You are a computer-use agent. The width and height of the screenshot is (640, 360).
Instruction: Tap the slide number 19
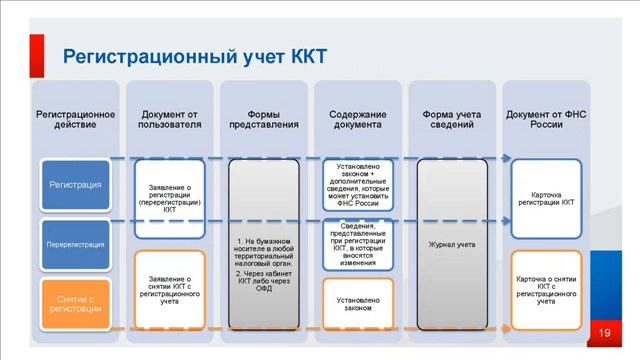604,332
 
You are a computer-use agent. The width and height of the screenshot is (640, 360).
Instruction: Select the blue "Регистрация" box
75,185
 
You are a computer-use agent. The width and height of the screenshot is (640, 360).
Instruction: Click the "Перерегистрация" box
75,243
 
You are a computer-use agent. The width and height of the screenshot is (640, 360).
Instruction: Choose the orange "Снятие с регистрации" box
75,301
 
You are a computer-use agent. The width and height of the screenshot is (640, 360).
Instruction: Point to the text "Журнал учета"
452,243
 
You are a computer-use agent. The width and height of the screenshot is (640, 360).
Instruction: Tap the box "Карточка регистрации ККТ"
546,196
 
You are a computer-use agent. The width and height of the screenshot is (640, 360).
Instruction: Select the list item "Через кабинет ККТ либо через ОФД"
265,280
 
